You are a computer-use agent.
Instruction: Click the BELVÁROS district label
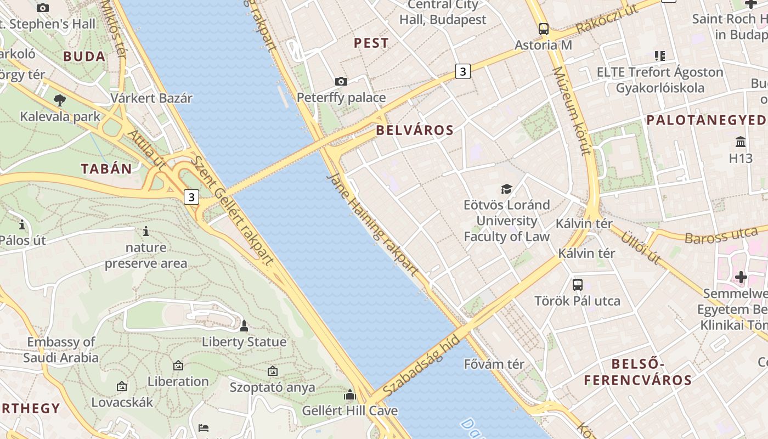415,131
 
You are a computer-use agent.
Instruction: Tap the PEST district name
371,43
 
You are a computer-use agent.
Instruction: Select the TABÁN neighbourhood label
107,169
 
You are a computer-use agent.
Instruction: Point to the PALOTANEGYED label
705,120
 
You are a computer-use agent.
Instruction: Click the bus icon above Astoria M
543,29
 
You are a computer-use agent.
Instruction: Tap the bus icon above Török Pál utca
577,284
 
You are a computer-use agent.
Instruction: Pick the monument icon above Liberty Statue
244,327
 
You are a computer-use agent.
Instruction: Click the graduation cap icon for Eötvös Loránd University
506,189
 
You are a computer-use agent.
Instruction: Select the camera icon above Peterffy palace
341,82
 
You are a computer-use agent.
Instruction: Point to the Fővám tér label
494,364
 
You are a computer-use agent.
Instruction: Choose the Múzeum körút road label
572,111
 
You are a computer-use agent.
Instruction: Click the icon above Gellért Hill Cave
349,395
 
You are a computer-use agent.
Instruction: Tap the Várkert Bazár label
151,98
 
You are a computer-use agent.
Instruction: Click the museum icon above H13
741,142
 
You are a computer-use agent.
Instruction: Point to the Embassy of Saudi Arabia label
61,350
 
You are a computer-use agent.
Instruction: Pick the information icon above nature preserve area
146,232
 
